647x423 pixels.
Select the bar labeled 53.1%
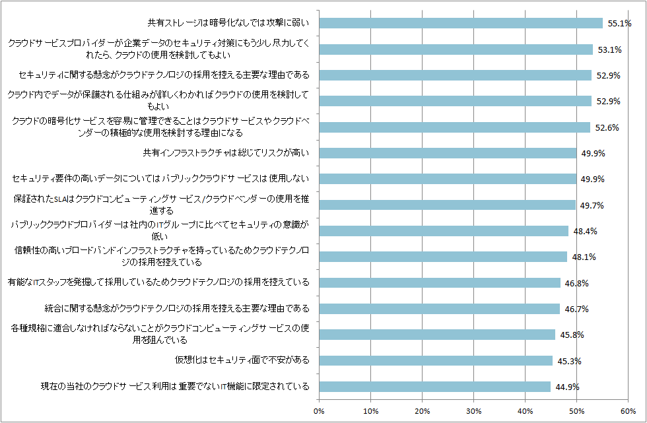456,49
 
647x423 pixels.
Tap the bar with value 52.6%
454,127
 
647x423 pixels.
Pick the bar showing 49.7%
447,205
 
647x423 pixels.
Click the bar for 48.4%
444,231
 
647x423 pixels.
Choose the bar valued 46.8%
440,282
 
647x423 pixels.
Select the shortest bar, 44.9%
434,386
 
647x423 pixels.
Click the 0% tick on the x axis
320,411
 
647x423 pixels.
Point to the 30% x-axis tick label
473,411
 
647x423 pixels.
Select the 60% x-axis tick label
628,411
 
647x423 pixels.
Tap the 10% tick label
371,411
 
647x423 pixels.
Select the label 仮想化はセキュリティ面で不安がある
242,360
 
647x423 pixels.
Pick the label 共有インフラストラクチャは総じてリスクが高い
226,153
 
